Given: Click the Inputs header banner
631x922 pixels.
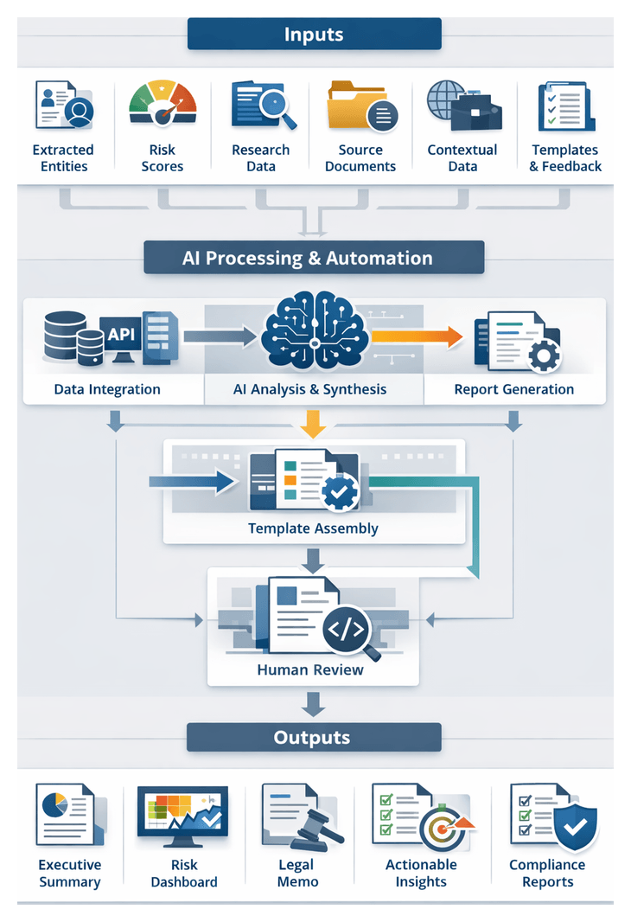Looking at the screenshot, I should point(315,35).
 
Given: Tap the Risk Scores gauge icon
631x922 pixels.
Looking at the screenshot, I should point(163,106).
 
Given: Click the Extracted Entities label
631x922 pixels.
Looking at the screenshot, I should point(63,158).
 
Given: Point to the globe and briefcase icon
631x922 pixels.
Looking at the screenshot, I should point(457,106).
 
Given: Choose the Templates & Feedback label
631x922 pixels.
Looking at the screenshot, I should point(565,158).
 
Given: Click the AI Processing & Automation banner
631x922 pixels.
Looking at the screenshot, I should point(315,258).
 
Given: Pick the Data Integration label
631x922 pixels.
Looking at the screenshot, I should point(107,389).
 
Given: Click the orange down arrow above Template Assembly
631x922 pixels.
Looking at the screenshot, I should point(314,423).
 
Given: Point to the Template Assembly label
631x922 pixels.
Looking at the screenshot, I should point(313,528).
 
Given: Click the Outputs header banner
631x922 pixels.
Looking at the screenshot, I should point(315,738).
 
